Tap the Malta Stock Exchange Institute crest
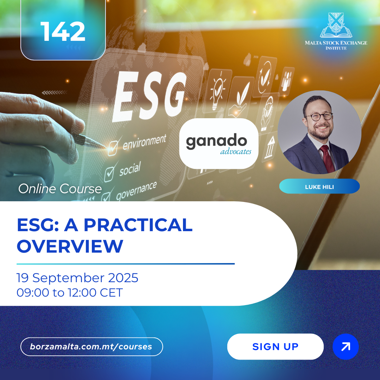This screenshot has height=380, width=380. (336, 25)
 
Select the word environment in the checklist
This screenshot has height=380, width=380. (145, 142)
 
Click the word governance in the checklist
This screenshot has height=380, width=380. (137, 190)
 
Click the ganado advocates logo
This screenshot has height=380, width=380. (219, 144)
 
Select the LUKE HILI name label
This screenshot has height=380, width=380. (319, 186)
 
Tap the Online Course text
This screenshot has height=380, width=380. (60, 189)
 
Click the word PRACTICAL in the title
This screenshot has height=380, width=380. (138, 225)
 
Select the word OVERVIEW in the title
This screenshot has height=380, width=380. (70, 246)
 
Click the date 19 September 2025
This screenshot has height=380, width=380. (77, 278)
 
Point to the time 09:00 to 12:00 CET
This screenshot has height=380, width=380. (70, 292)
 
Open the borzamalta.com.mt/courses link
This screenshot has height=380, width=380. (91, 347)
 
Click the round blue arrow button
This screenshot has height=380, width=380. (346, 347)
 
